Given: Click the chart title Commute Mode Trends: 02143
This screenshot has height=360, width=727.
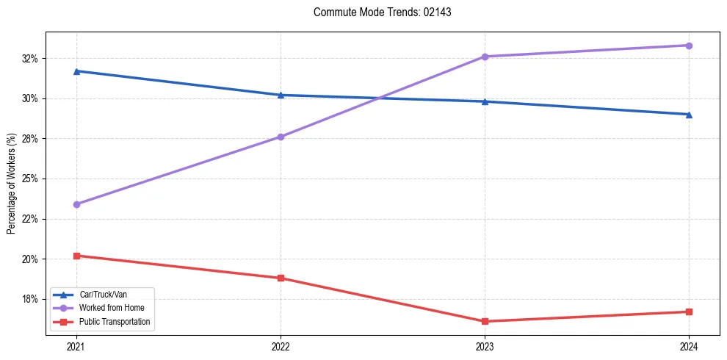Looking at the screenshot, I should click(x=377, y=12).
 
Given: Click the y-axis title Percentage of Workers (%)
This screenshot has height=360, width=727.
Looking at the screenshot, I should click(x=11, y=184).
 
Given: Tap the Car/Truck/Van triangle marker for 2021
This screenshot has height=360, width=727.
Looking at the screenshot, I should click(x=76, y=71).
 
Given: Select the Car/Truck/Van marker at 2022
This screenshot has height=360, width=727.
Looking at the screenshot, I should click(x=281, y=95).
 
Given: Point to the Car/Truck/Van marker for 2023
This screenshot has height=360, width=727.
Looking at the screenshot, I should click(x=485, y=101).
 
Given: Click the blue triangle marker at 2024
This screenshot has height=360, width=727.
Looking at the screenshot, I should click(x=689, y=115).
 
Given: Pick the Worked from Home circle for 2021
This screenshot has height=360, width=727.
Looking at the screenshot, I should click(x=76, y=204).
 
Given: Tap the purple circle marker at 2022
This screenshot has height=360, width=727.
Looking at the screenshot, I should click(x=281, y=137).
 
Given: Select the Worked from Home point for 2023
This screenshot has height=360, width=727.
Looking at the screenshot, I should click(x=485, y=57).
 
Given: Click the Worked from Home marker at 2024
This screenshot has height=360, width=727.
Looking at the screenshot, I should click(x=689, y=46).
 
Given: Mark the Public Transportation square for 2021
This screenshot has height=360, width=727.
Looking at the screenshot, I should click(x=76, y=256).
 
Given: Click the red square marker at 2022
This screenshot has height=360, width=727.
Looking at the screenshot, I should click(x=281, y=278).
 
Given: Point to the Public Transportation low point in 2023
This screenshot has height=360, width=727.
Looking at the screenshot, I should click(x=485, y=321).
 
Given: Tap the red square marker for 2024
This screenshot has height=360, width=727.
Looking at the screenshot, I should click(x=689, y=312).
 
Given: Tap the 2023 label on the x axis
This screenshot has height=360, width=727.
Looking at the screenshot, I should click(x=485, y=346).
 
